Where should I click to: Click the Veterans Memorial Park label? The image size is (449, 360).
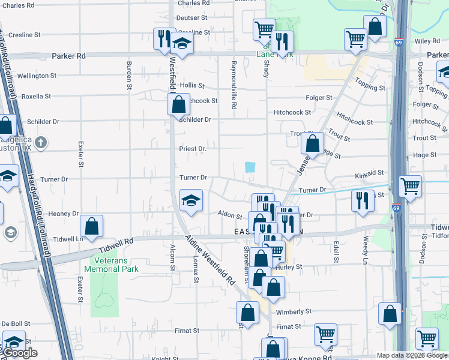tap(115, 265)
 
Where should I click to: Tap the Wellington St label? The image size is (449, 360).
tap(37, 76)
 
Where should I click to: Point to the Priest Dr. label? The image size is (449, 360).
tap(193, 149)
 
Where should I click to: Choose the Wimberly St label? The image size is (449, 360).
tap(294, 312)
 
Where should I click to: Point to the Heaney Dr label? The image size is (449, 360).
tap(64, 214)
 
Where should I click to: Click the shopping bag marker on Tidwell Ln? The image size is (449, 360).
tap(92, 226)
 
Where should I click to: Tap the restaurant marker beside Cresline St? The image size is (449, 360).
tap(163, 39)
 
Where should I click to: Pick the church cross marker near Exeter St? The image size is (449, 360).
tap(40, 143)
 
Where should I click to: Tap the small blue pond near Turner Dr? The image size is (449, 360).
tap(250, 167)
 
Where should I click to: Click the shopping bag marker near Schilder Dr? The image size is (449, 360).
tap(178, 104)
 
